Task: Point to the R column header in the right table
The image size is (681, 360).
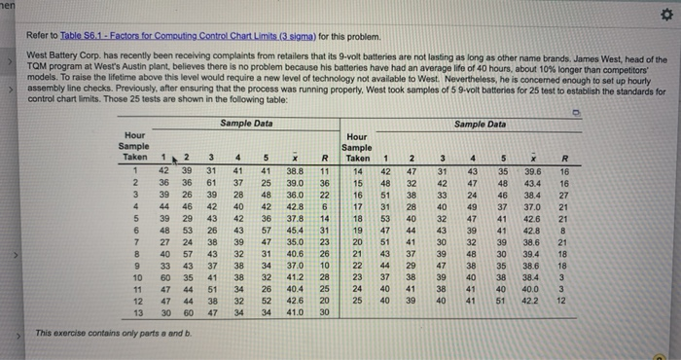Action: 565,157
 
